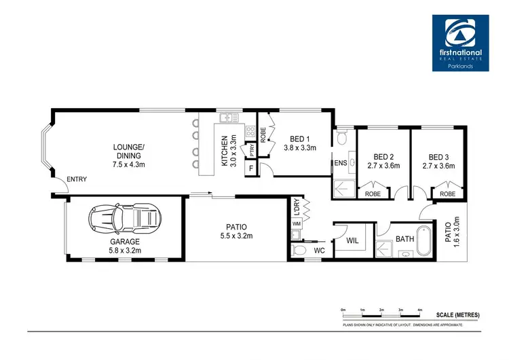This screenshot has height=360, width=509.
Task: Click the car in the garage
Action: (124, 219)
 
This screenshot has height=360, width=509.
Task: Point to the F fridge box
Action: (250, 167)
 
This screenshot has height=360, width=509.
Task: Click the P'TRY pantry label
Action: (251, 149)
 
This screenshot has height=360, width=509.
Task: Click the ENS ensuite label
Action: (340, 163)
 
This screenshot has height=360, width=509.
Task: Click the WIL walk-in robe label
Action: (352, 240)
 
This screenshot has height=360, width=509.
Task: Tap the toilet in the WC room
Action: (299, 251)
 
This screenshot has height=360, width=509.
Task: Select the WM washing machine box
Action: (296, 223)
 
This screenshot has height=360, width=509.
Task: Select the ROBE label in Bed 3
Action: (447, 194)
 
